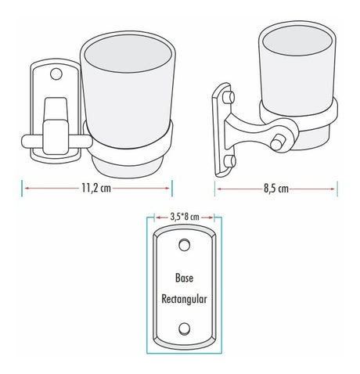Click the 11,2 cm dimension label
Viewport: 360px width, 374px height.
[x=96, y=188]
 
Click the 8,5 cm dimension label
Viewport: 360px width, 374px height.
[x=276, y=189]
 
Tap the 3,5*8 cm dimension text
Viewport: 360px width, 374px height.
[x=185, y=217]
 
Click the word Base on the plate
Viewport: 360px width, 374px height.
[x=184, y=278]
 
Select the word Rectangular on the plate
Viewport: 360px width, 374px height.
[x=184, y=299]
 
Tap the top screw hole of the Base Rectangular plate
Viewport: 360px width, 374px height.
[x=184, y=245]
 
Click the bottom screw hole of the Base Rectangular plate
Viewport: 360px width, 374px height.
[x=184, y=329]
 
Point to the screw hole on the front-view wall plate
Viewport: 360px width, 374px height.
[x=56, y=74]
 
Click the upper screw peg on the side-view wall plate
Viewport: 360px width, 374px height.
[x=229, y=97]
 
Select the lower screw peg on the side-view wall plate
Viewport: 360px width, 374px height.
[x=230, y=162]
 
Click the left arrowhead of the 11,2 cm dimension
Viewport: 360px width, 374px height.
[x=27, y=188]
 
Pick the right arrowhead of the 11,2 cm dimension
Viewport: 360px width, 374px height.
[x=167, y=188]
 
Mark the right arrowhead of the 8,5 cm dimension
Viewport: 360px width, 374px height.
[x=333, y=189]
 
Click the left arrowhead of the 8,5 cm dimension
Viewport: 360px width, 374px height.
[x=219, y=189]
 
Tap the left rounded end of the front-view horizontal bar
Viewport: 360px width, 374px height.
[x=26, y=142]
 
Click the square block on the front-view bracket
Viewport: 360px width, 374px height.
[x=56, y=137]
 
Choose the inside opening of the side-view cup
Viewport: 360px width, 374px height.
[x=297, y=41]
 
